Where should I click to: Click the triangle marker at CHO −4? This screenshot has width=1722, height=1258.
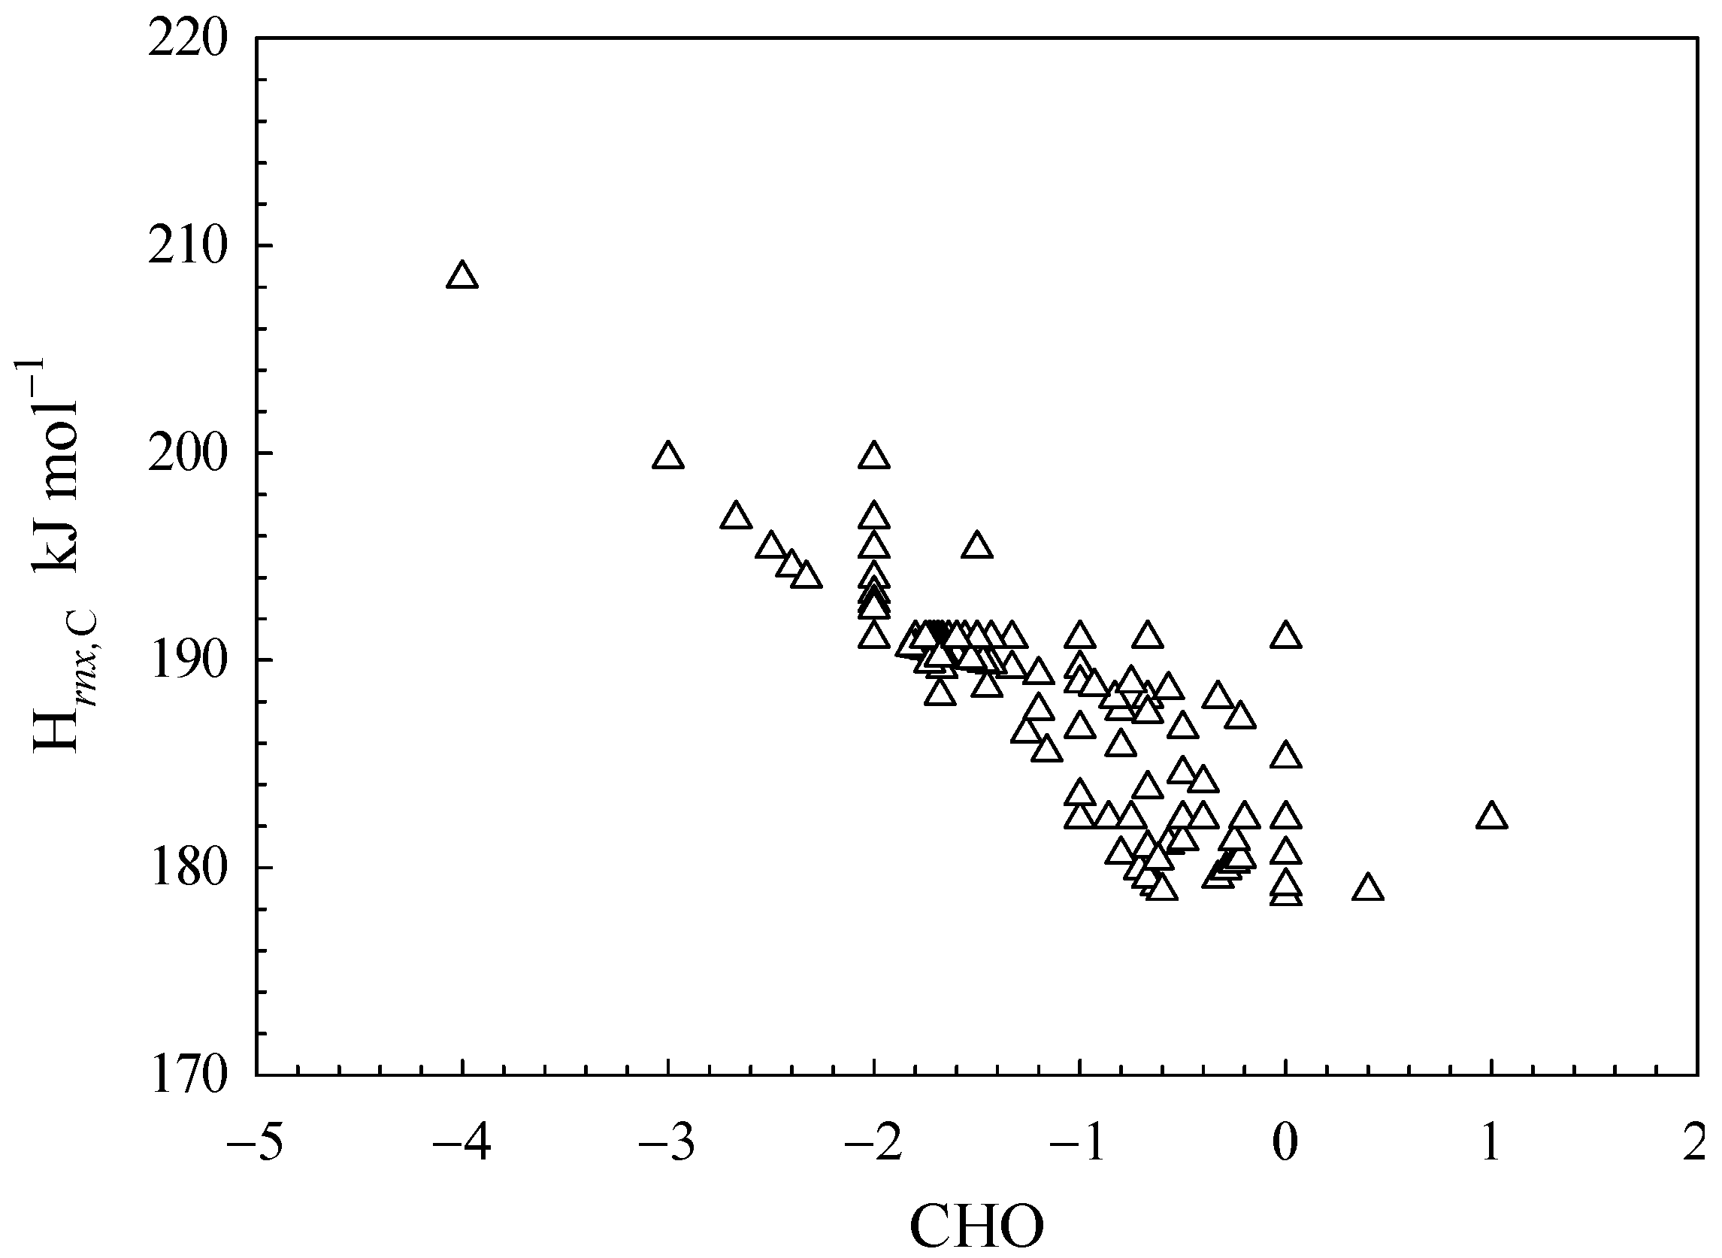pyautogui.click(x=462, y=276)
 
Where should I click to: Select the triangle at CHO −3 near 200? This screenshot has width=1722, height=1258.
pyautogui.click(x=667, y=456)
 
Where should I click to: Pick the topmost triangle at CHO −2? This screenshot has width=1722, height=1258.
pyautogui.click(x=874, y=456)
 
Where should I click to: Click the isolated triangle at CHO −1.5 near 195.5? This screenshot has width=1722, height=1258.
pyautogui.click(x=976, y=546)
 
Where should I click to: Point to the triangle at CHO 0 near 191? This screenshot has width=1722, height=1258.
pyautogui.click(x=1286, y=636)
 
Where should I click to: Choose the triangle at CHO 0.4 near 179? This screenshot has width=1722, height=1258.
pyautogui.click(x=1368, y=889)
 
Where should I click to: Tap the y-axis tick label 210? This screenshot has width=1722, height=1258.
pyautogui.click(x=188, y=246)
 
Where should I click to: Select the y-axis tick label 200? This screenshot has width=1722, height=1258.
pyautogui.click(x=188, y=454)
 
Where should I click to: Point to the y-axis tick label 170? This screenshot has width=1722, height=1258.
pyautogui.click(x=188, y=1078)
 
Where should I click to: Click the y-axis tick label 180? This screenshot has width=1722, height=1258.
pyautogui.click(x=188, y=869)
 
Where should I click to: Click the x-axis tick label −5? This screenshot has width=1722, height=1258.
pyautogui.click(x=255, y=1144)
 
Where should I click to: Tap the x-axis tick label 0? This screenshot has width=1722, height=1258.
pyautogui.click(x=1286, y=1144)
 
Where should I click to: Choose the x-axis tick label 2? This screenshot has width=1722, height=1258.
pyautogui.click(x=1696, y=1144)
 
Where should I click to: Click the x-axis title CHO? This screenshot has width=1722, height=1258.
pyautogui.click(x=976, y=1226)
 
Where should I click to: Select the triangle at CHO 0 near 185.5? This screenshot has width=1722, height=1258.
pyautogui.click(x=1286, y=756)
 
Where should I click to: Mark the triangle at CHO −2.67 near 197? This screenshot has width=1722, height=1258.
pyautogui.click(x=735, y=517)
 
